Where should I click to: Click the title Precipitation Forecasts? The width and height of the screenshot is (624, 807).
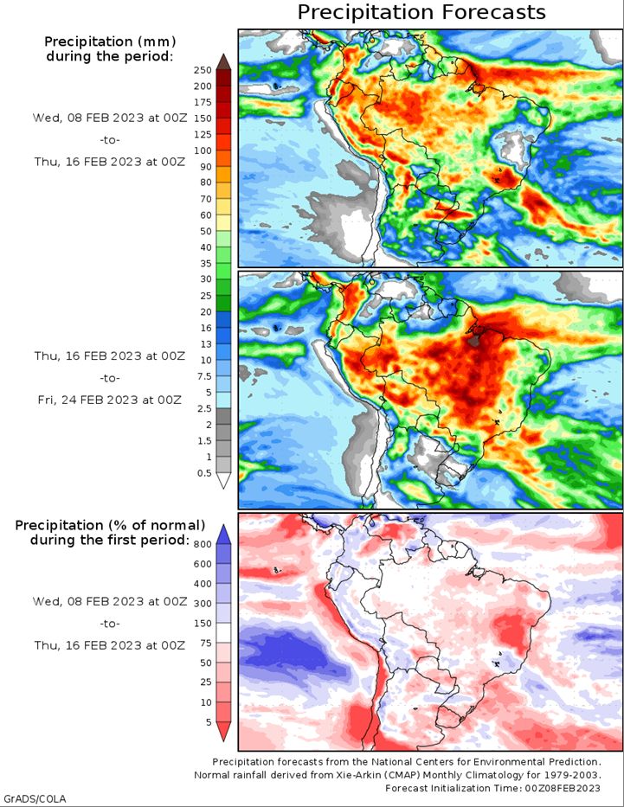click(x=421, y=12)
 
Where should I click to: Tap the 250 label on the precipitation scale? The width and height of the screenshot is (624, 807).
click(x=203, y=71)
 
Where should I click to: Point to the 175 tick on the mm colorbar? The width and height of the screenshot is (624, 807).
click(x=203, y=102)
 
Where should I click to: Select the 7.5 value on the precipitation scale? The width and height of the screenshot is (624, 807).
click(x=204, y=376)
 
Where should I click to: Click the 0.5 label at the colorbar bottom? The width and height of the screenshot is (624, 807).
click(x=204, y=473)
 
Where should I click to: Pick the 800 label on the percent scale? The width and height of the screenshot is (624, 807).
click(x=203, y=545)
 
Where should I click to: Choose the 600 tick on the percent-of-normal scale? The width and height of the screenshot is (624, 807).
click(x=203, y=564)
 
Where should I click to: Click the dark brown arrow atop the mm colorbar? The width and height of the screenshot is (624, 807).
click(x=223, y=61)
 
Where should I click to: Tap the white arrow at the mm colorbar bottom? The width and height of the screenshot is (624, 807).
click(x=223, y=481)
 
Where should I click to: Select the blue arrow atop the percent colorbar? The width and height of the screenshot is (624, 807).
click(x=223, y=535)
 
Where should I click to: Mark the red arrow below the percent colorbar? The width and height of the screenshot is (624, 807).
click(x=223, y=732)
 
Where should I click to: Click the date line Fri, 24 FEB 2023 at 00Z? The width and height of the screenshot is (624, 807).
click(x=110, y=400)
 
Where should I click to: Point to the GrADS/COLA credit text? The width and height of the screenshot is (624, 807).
click(x=34, y=798)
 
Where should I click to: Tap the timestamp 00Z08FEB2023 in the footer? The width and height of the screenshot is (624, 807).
click(x=563, y=788)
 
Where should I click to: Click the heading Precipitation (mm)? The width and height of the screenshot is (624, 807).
click(x=110, y=42)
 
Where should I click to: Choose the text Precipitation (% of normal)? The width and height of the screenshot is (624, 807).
click(x=110, y=526)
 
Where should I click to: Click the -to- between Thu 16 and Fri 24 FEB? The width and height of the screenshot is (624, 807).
click(x=110, y=378)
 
